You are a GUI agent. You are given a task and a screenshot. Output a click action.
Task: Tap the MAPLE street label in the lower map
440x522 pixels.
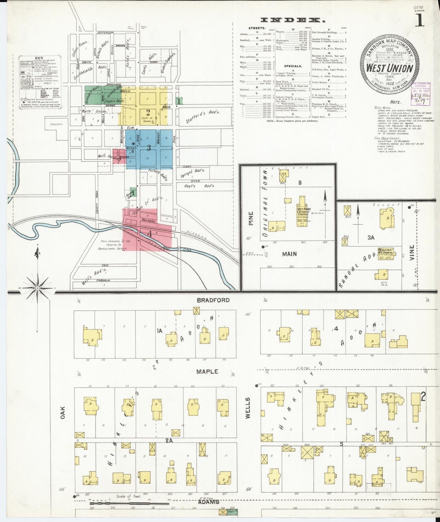tap(207, 372)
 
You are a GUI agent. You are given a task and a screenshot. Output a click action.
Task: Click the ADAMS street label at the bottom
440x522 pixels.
tap(209, 502)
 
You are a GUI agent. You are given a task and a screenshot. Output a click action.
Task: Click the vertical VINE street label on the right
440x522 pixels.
tap(412, 253)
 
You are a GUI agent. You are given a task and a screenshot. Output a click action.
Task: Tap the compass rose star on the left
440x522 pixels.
tap(37, 288)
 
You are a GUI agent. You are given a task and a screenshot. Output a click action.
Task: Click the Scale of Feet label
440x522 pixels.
tap(129, 496)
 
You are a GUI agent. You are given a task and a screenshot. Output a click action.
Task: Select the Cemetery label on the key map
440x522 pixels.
tap(55, 124)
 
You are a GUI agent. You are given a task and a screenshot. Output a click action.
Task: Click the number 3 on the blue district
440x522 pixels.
tap(149, 148)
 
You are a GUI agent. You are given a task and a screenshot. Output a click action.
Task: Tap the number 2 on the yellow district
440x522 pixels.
tap(148, 112)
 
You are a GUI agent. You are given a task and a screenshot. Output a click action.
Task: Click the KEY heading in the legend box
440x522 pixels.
tap(39, 58)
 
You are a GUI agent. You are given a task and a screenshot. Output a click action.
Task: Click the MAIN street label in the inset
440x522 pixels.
tap(289, 254)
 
